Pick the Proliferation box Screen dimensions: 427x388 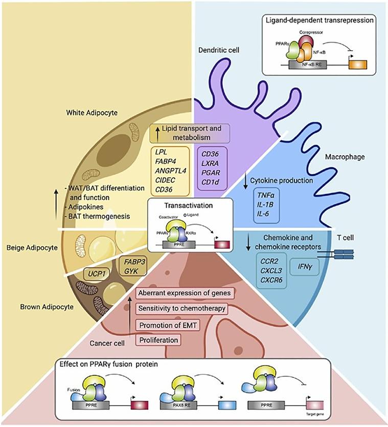coord(161,339)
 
